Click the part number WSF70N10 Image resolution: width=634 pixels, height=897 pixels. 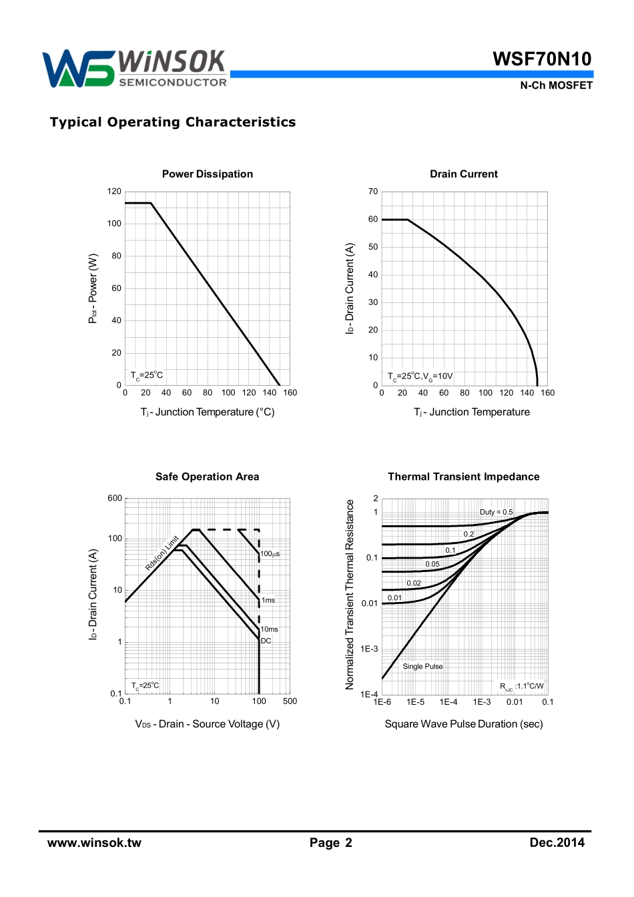click(x=542, y=59)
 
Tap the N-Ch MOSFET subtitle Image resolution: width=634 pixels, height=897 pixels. click(x=556, y=85)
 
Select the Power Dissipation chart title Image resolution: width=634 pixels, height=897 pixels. click(x=208, y=174)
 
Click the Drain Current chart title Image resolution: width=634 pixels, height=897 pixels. click(x=464, y=174)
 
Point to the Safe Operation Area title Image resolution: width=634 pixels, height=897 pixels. click(x=207, y=477)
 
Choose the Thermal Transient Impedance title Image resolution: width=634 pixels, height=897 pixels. click(x=464, y=477)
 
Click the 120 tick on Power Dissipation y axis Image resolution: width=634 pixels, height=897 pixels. click(x=115, y=192)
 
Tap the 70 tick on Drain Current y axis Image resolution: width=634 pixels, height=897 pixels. click(x=373, y=192)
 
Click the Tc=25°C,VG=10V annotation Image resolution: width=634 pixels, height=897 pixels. click(x=420, y=376)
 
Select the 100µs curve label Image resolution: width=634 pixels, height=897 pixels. click(x=270, y=554)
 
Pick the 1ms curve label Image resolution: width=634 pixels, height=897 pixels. click(x=268, y=600)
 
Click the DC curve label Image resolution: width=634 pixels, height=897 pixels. click(x=266, y=641)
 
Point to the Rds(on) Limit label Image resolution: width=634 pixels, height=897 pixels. click(x=162, y=553)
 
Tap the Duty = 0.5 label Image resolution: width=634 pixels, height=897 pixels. click(x=497, y=512)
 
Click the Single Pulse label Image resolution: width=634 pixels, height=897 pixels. click(x=422, y=666)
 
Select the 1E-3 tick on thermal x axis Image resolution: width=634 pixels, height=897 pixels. click(x=482, y=702)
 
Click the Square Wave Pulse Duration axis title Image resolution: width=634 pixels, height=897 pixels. click(x=464, y=724)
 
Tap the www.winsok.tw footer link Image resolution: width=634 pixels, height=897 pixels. click(x=94, y=843)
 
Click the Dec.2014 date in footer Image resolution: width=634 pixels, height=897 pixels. click(x=557, y=843)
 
